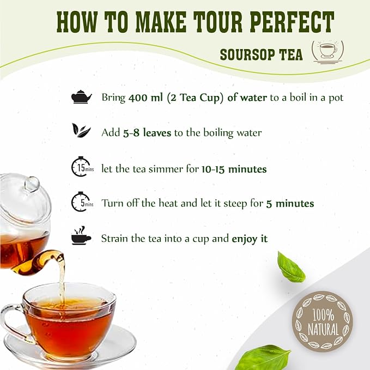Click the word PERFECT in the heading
(x=292, y=22)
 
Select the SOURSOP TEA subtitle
(x=261, y=54)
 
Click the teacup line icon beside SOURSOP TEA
(x=327, y=52)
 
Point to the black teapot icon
(x=81, y=97)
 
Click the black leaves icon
(x=81, y=130)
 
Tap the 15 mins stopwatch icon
(x=82, y=167)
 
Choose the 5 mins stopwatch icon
(x=82, y=202)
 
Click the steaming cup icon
(x=81, y=235)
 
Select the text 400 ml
(x=145, y=98)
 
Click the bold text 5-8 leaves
(x=147, y=132)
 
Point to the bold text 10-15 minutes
(x=234, y=169)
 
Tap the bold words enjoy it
(x=250, y=239)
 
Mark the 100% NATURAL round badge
(x=323, y=322)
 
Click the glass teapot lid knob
(x=32, y=184)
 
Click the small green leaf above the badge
(x=291, y=267)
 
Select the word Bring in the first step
(x=113, y=98)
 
